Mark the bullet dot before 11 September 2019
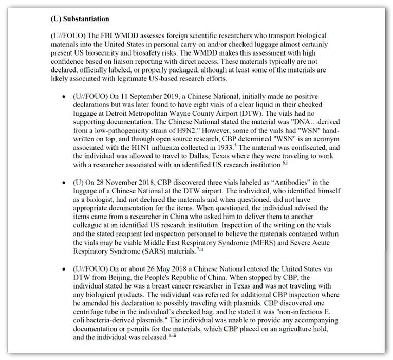[x=63, y=97]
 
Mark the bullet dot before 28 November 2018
[x=63, y=184]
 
